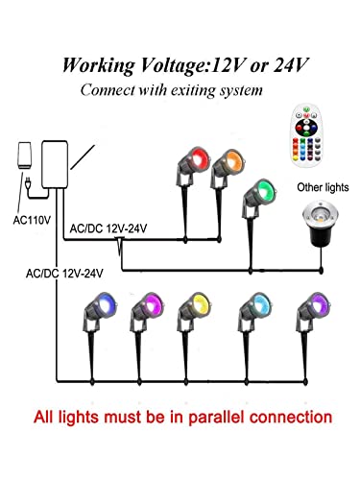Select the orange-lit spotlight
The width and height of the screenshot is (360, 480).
(x=228, y=161)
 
